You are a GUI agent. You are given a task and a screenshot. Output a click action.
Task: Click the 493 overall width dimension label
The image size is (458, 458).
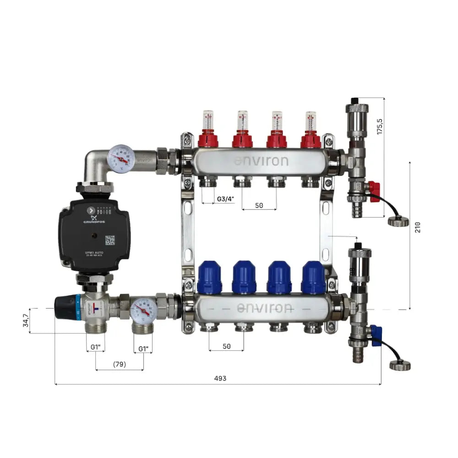coord(220,378)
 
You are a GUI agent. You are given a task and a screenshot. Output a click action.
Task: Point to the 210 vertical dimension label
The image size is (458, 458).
coord(417,227)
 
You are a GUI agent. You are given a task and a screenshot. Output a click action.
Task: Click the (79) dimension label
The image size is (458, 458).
coord(119,365)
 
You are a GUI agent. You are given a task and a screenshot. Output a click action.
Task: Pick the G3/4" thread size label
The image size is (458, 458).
coord(225,199)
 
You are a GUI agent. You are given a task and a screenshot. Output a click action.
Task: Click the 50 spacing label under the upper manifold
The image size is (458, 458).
coord(259,206)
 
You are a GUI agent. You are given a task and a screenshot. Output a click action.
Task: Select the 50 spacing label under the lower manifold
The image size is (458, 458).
coord(227,346)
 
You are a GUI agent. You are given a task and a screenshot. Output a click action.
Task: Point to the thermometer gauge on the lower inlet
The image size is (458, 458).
coord(143,311)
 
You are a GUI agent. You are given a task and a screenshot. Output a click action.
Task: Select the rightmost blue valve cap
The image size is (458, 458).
coord(314,278)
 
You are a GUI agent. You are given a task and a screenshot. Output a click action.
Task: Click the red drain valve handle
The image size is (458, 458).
coord(374,188)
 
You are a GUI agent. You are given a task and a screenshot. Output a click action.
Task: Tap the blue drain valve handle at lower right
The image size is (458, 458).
coord(376,335)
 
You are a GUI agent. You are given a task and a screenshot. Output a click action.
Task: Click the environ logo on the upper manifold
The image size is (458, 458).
coord(261,161)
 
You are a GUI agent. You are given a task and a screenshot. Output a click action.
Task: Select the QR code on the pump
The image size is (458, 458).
coord(110,240)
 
